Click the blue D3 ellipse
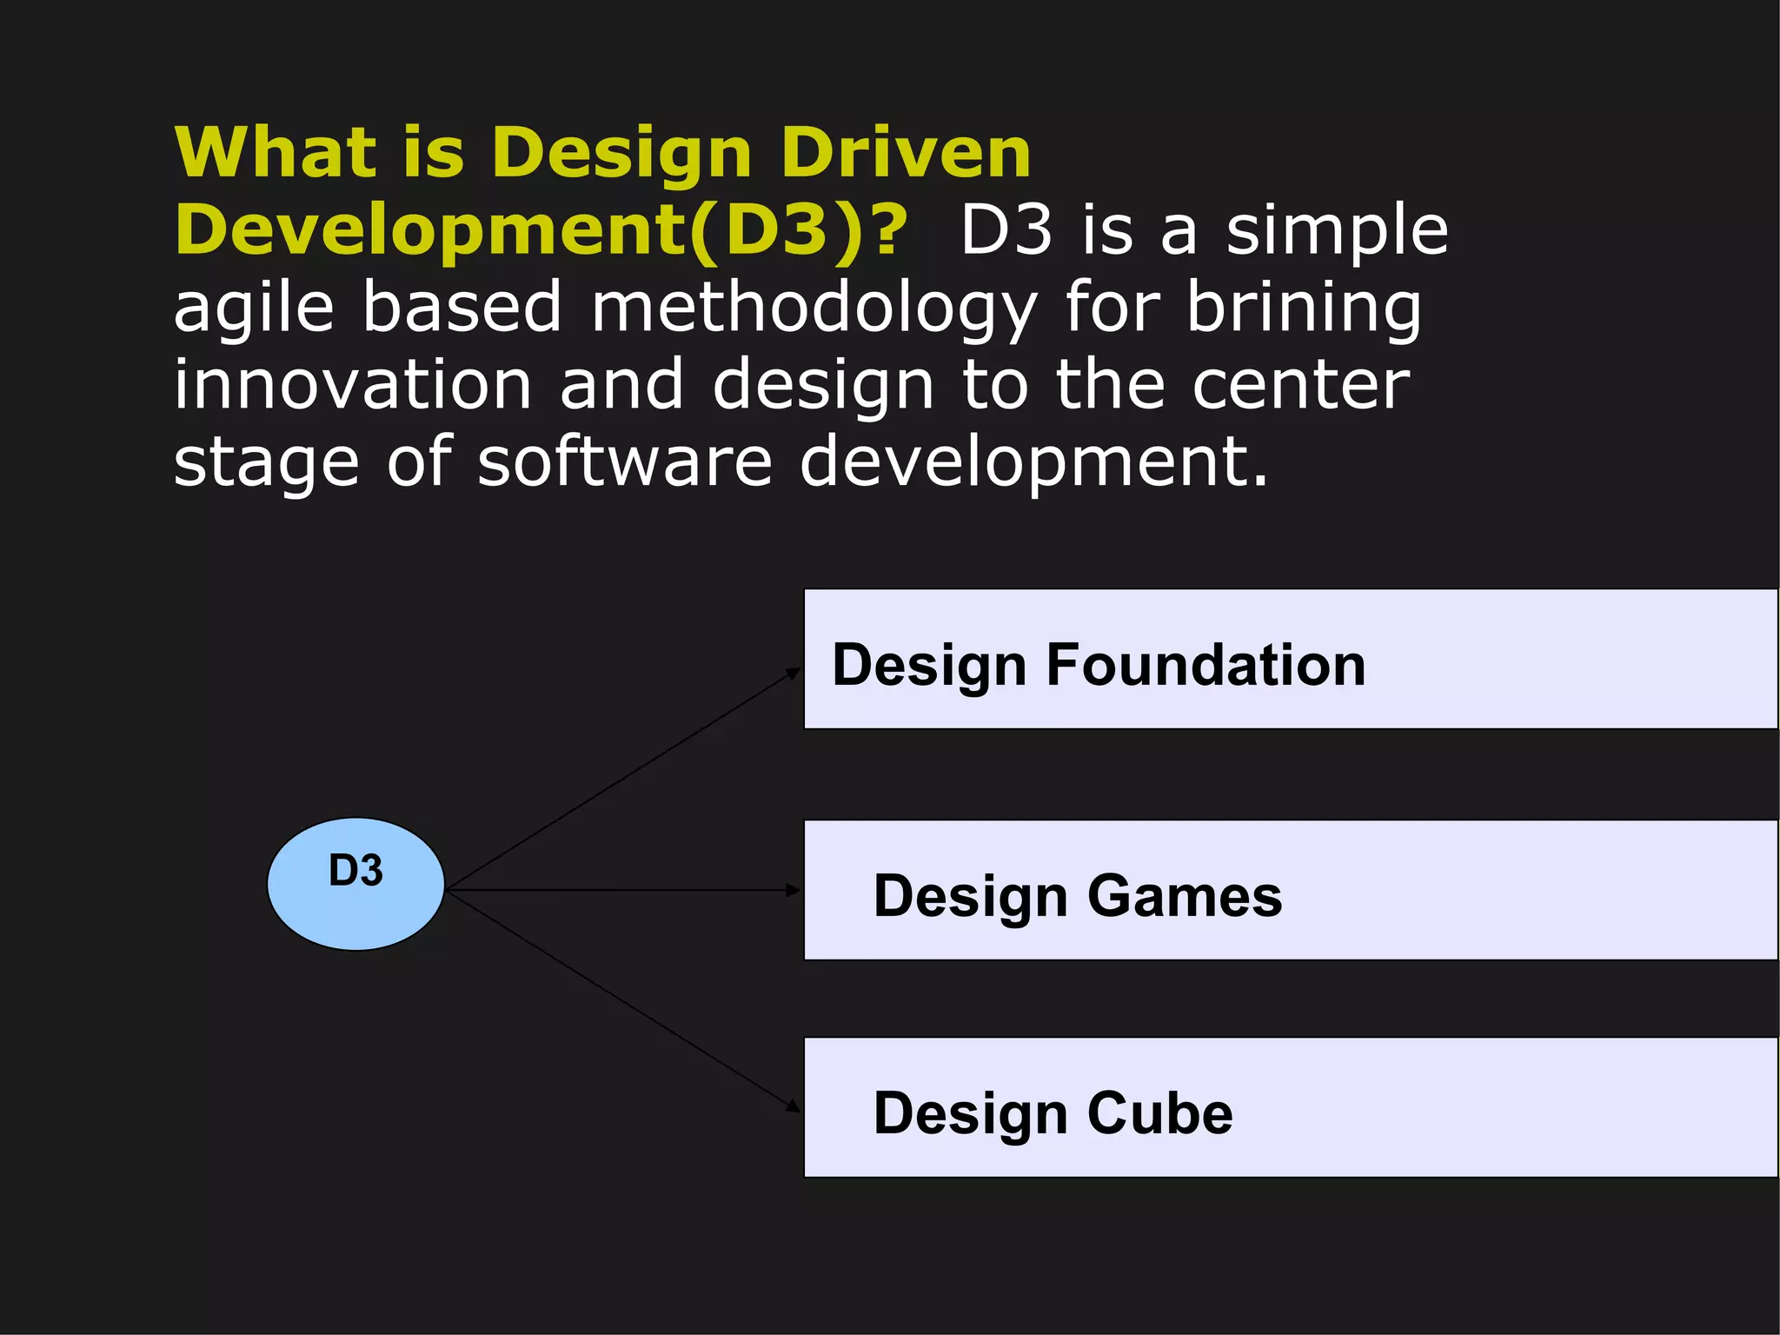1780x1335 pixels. point(355,884)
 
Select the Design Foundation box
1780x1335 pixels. point(1290,659)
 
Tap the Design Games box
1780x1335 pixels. point(1290,890)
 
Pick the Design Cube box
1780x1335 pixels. point(1290,1107)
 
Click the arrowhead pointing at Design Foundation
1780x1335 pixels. point(793,672)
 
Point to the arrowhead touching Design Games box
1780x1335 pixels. point(793,890)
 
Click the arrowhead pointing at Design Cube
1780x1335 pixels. point(793,1106)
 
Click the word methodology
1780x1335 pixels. point(814,308)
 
